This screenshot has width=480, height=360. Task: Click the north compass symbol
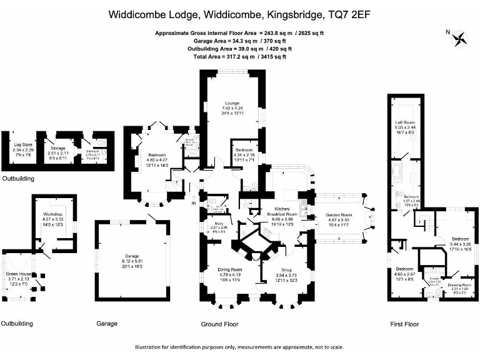coord(461,38)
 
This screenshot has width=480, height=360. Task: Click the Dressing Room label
coord(458,285)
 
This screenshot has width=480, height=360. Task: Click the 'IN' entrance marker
coord(194,203)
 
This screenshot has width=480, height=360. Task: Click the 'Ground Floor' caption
coord(220,324)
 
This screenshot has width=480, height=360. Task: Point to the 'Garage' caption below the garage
coord(107,324)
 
